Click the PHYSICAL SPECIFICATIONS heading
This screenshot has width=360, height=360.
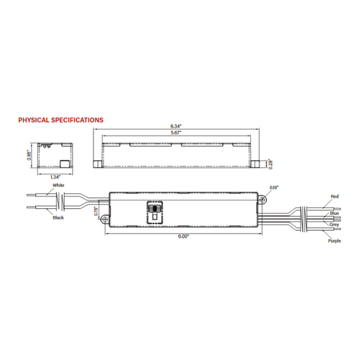(60, 120)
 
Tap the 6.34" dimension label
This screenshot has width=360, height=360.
(176, 126)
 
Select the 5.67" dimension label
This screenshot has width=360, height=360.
(176, 133)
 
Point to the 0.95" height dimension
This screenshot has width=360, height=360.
(29, 155)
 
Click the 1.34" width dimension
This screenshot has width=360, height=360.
(56, 177)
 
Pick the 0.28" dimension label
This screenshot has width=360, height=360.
(271, 164)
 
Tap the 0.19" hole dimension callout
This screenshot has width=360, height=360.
(274, 188)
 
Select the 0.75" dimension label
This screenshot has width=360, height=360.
(96, 211)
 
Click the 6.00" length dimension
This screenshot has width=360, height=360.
(184, 236)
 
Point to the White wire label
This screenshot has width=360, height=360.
(58, 185)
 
